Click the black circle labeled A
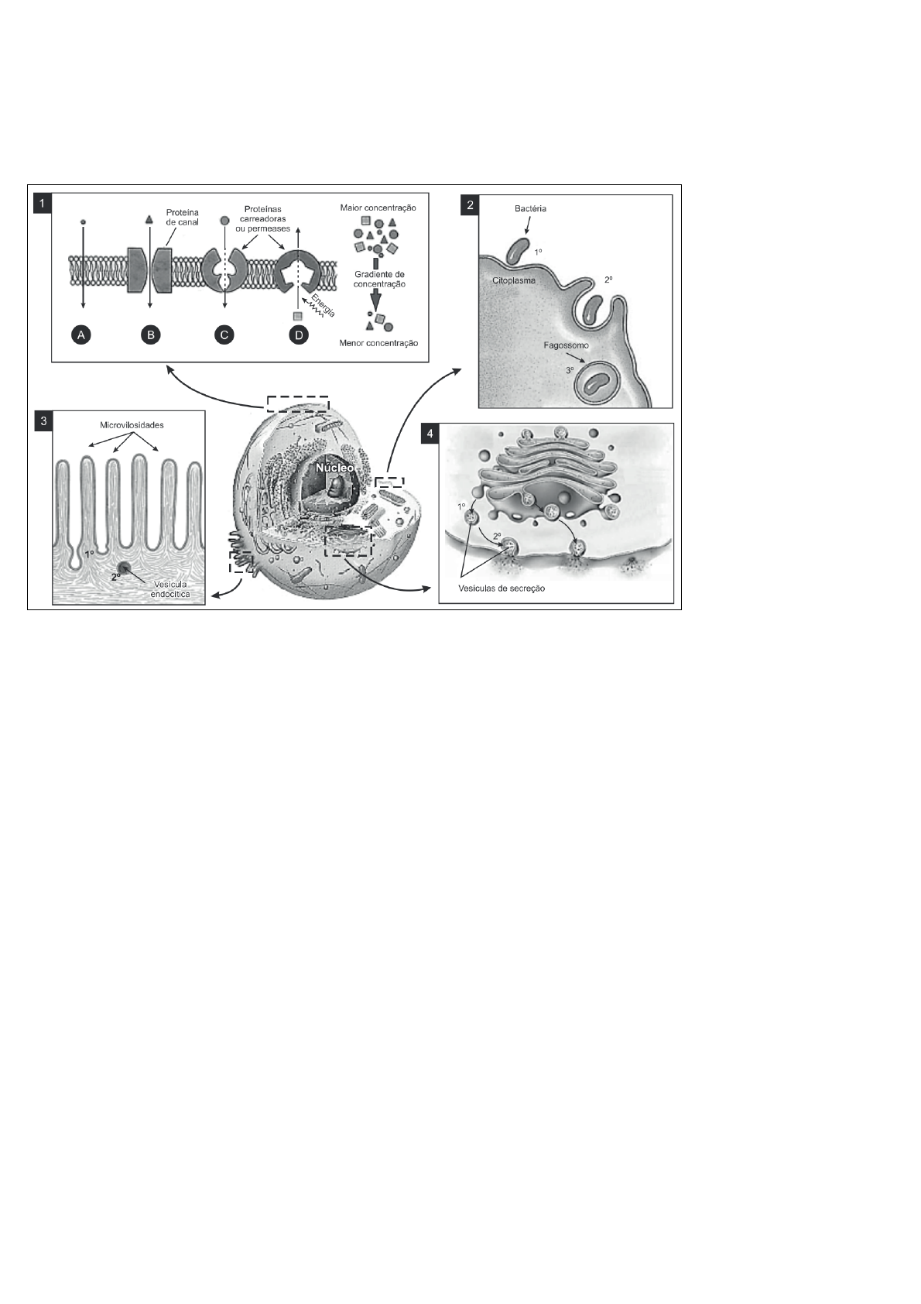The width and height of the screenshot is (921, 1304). click(81, 335)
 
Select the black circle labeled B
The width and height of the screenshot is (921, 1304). click(151, 335)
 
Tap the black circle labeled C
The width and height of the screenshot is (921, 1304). click(224, 335)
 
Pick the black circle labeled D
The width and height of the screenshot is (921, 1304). click(299, 335)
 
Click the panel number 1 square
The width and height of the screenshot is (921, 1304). click(43, 204)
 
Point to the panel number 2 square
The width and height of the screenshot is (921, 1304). click(470, 205)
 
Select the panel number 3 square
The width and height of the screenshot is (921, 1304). click(43, 421)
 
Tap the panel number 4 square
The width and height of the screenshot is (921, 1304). click(430, 434)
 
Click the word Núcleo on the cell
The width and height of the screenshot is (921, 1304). click(334, 468)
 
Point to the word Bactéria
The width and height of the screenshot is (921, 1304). click(531, 208)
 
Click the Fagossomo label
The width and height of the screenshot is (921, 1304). click(566, 345)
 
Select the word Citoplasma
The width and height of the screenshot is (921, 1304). click(514, 280)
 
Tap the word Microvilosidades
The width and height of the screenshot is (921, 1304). click(132, 425)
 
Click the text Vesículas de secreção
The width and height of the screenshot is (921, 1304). click(502, 588)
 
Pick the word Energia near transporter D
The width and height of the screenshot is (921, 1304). click(324, 307)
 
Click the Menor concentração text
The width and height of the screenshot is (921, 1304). click(378, 344)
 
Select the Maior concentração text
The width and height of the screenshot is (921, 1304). click(378, 208)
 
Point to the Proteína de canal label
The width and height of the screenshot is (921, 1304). click(183, 217)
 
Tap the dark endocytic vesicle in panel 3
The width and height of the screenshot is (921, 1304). click(123, 568)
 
